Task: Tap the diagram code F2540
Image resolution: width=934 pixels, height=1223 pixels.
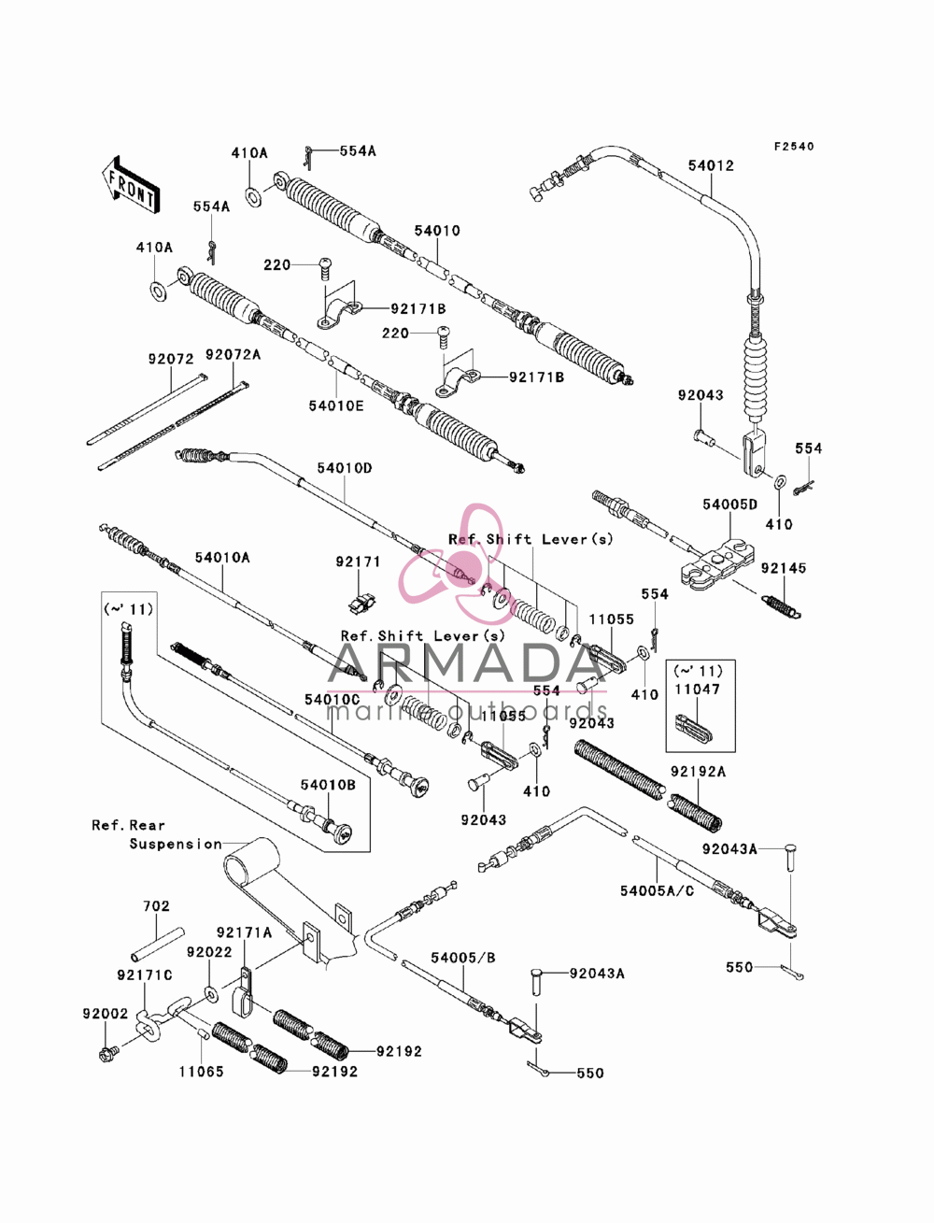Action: click(793, 146)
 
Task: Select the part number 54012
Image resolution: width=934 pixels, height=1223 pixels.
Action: click(711, 165)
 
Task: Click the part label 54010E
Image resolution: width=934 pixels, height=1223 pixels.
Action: click(336, 405)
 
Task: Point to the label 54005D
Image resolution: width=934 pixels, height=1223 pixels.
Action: click(729, 505)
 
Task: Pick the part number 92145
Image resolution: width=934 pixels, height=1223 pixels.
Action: click(784, 568)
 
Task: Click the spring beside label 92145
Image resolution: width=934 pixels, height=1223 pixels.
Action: click(781, 606)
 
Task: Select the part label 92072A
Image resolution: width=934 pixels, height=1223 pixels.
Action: click(233, 354)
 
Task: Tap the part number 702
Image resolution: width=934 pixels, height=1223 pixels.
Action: click(156, 906)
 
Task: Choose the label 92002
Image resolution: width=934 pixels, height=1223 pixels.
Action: click(106, 1013)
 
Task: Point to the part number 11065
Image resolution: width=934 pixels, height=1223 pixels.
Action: click(201, 1072)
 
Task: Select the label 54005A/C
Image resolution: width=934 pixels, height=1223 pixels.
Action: click(658, 891)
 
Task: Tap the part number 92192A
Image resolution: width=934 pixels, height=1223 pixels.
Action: click(698, 772)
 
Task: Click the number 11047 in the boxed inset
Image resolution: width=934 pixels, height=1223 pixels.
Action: click(698, 690)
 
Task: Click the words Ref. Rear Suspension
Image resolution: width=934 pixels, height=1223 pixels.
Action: click(157, 834)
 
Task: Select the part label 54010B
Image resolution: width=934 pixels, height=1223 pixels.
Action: click(328, 785)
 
